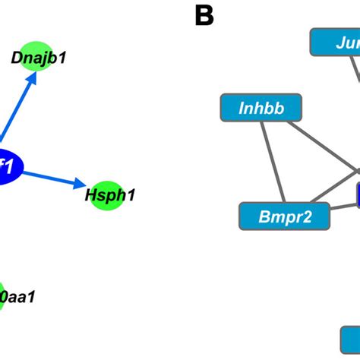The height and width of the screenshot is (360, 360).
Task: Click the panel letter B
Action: point(204,15)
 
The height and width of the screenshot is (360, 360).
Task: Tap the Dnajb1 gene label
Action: point(39,57)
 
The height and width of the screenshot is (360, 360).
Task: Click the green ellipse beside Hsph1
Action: point(103,194)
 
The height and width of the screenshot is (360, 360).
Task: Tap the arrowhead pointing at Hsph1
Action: point(81,184)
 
